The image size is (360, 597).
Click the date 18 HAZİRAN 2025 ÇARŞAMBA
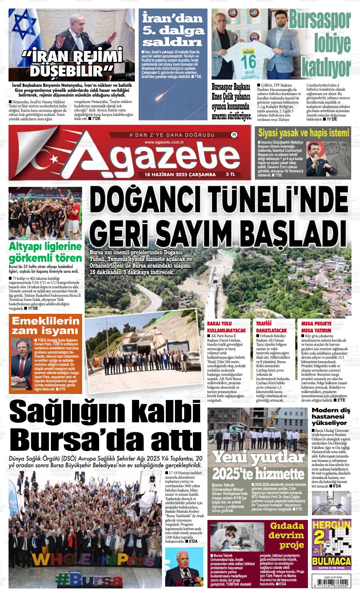click(180, 174)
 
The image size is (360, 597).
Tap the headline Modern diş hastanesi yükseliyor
click(331, 416)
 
